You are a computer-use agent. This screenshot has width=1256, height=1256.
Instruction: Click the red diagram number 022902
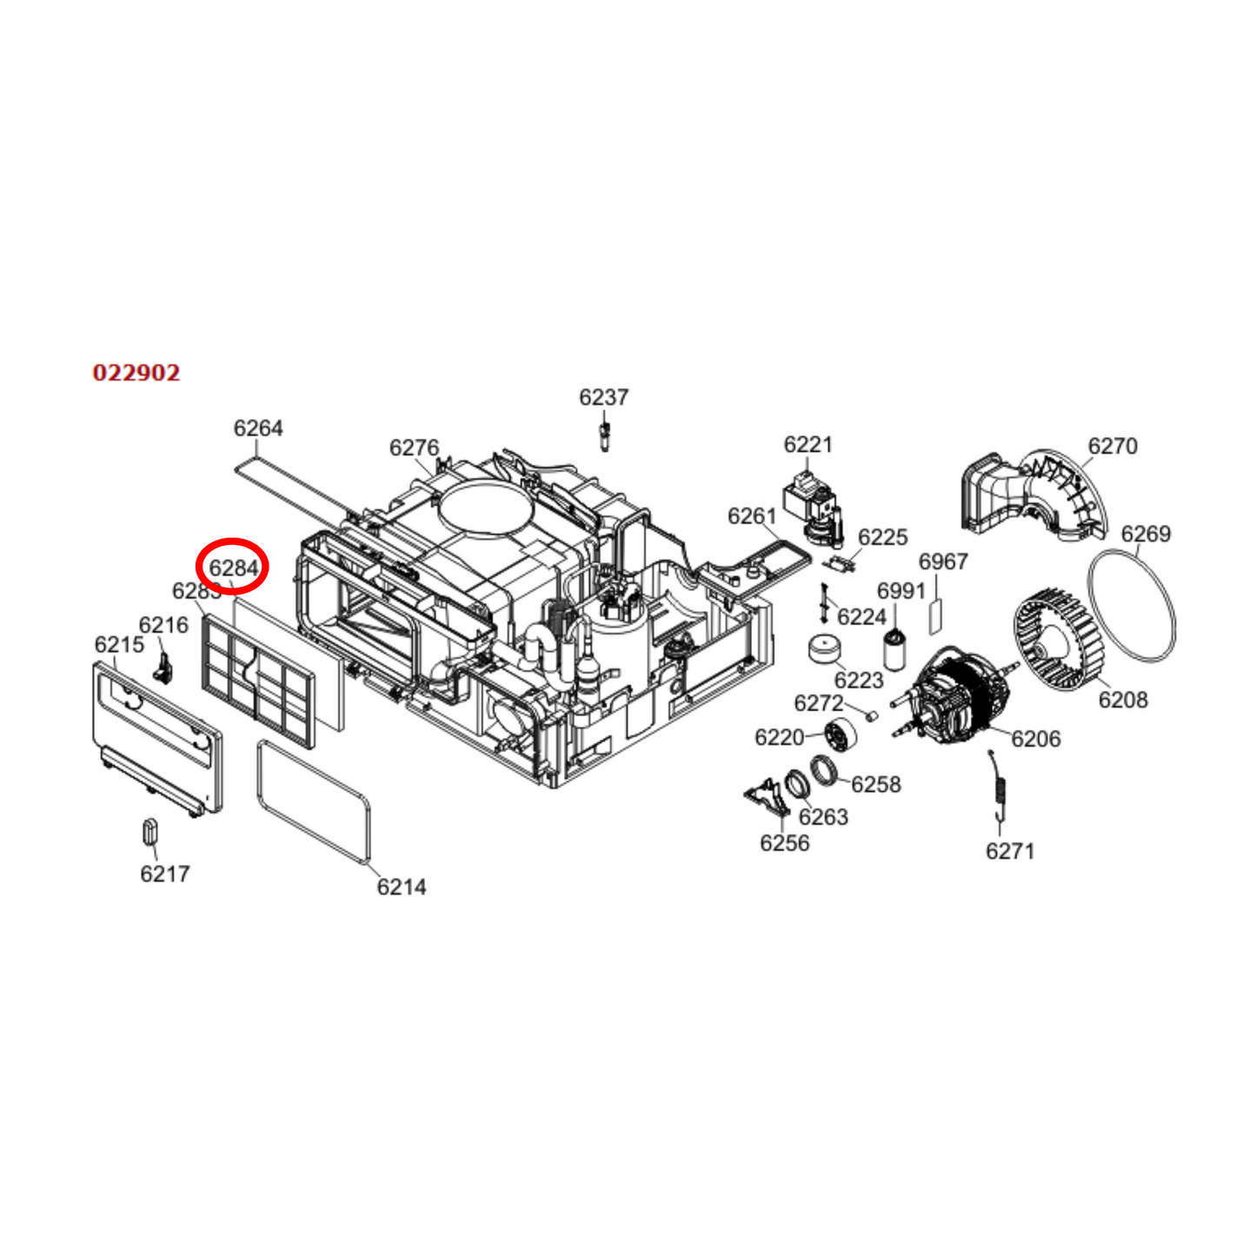pyautogui.click(x=136, y=373)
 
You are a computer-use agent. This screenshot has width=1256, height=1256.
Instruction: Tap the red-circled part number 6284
pyautogui.click(x=234, y=568)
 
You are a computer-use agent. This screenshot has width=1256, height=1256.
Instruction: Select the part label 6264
pyautogui.click(x=258, y=428)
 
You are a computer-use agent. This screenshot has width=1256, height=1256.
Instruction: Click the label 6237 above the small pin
pyautogui.click(x=603, y=397)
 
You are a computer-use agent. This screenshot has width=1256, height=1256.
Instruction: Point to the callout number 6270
pyautogui.click(x=1113, y=446)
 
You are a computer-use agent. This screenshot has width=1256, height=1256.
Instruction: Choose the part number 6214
pyautogui.click(x=401, y=887)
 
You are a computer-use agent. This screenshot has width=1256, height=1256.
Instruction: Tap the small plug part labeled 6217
pyautogui.click(x=150, y=831)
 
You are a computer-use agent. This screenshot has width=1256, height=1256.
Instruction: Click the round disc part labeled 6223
pyautogui.click(x=824, y=648)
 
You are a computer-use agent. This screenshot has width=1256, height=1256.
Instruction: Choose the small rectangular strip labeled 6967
pyautogui.click(x=935, y=615)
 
